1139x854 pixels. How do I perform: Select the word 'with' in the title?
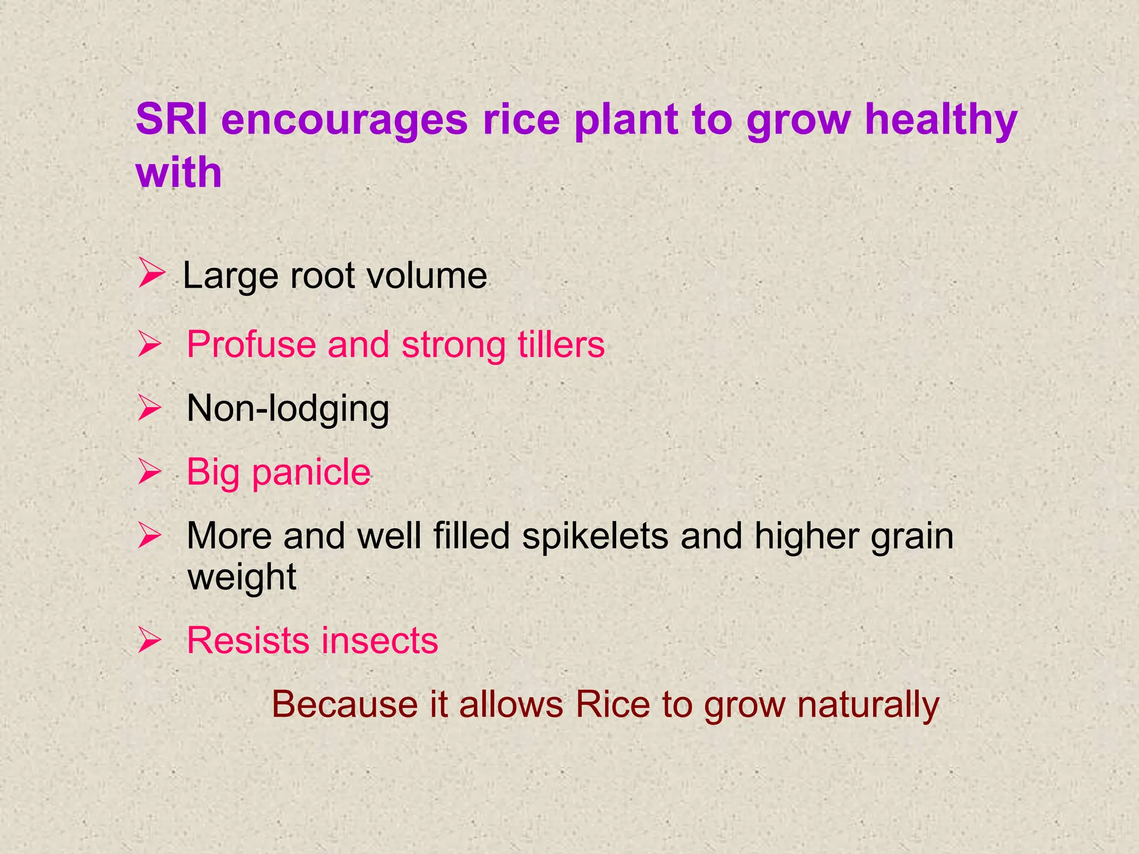click(x=179, y=172)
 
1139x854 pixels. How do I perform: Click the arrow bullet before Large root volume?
click(x=151, y=274)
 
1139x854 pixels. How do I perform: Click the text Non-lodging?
click(x=288, y=409)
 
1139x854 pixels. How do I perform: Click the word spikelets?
click(x=595, y=537)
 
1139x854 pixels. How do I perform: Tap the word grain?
click(x=912, y=537)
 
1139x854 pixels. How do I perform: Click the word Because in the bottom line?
click(x=345, y=705)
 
